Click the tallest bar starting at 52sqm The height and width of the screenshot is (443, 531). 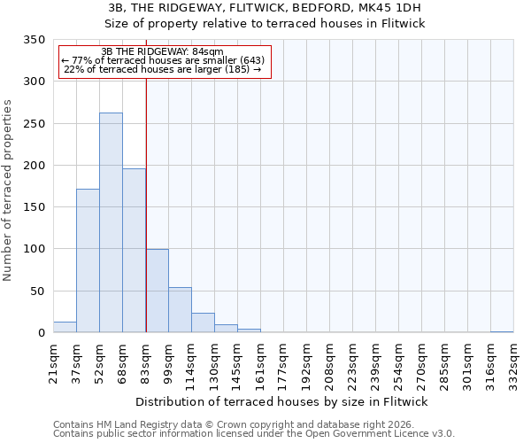pos(111,222)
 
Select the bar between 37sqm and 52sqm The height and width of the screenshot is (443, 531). pos(88,260)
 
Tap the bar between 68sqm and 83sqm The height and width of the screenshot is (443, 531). pos(134,251)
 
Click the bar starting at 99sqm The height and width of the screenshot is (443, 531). pos(180,310)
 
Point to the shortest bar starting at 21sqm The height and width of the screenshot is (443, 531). pos(65,327)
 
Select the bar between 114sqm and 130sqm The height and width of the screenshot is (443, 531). pos(203,323)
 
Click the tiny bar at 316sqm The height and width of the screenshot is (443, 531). pos(502,331)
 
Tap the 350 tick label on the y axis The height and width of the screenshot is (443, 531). pos(33,40)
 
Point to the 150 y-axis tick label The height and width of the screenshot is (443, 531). pos(33,207)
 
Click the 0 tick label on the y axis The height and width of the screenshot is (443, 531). pos(41,333)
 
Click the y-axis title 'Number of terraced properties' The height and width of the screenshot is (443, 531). pos(9,190)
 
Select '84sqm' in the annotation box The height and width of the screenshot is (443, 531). pos(207,51)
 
